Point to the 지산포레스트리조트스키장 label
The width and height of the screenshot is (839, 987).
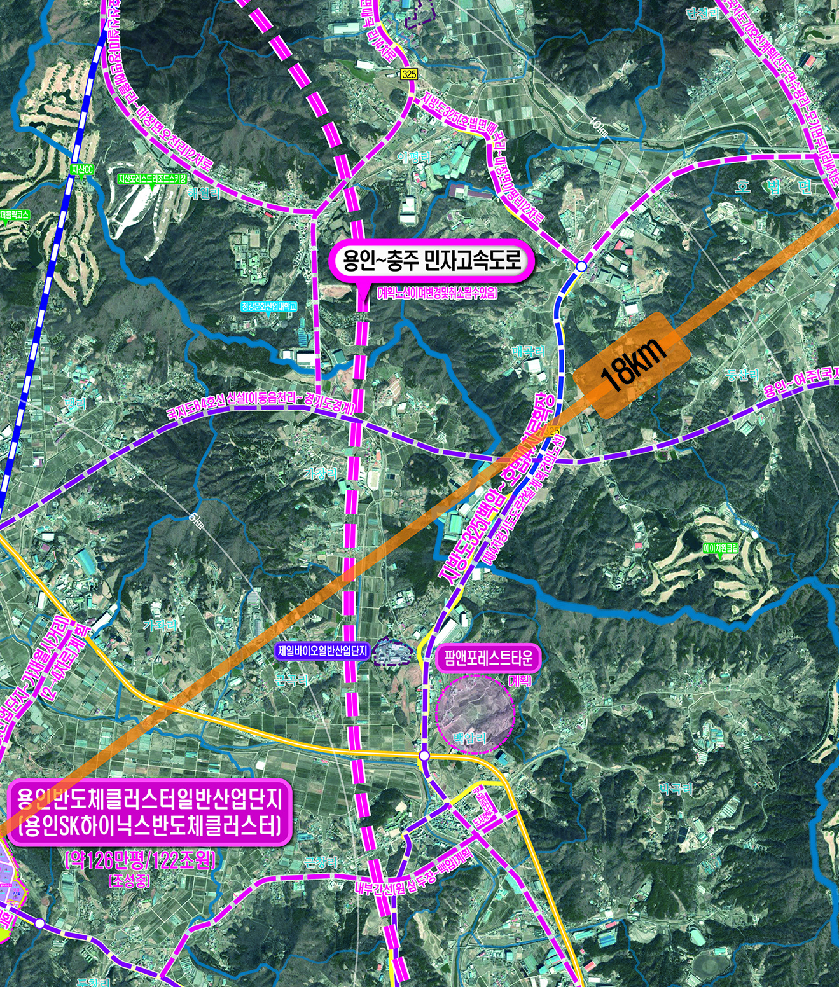click(x=152, y=179)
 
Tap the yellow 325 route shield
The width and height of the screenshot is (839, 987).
click(x=410, y=75)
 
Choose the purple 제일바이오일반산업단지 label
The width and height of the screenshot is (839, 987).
click(x=324, y=651)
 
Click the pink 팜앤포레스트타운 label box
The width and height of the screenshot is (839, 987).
click(x=489, y=658)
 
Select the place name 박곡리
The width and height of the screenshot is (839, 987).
click(x=676, y=789)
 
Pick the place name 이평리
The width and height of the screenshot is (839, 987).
click(x=413, y=157)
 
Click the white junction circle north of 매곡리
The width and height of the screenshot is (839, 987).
click(x=581, y=266)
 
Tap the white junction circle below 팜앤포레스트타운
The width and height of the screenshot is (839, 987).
click(x=424, y=756)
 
